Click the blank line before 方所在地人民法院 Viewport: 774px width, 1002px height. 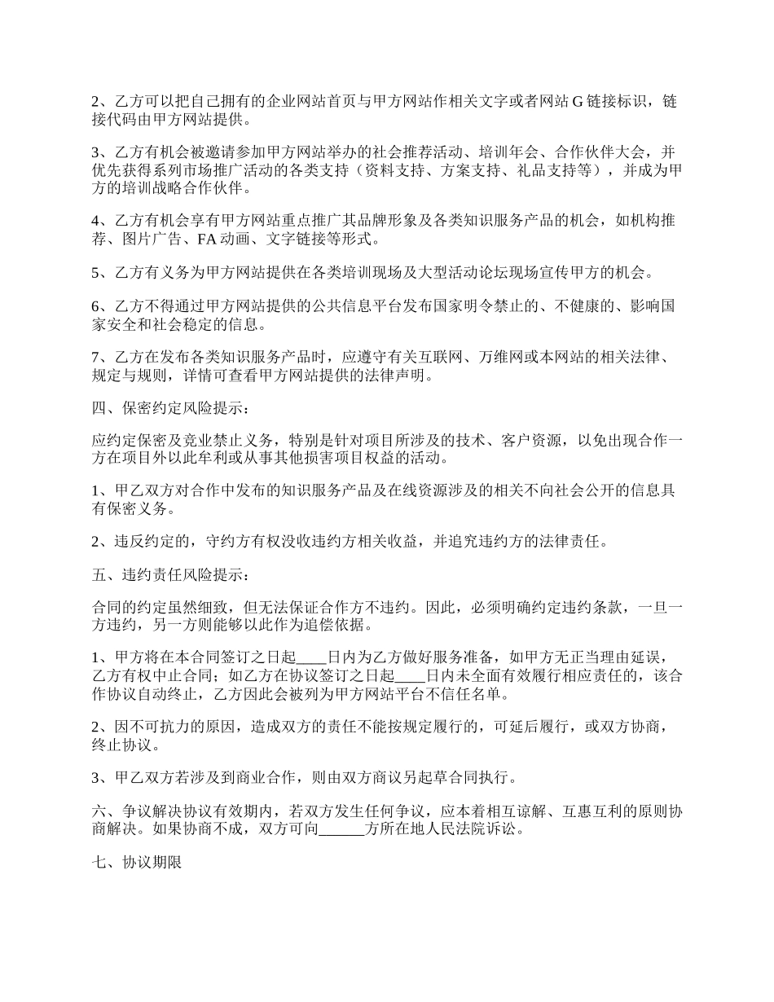click(x=341, y=831)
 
